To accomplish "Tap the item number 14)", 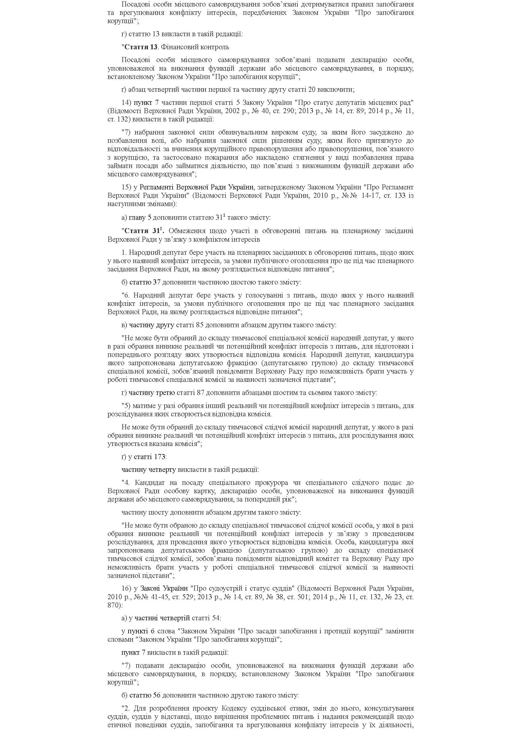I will tap(127, 103).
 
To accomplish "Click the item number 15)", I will tap(127, 187).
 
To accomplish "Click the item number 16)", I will tap(127, 588).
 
